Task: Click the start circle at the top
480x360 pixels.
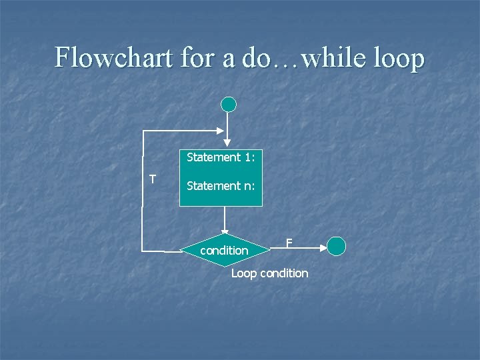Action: point(229,105)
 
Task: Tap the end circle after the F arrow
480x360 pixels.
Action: point(337,246)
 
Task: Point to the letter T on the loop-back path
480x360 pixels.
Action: point(153,179)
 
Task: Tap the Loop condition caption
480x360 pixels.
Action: point(269,273)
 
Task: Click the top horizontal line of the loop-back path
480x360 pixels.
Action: point(183,131)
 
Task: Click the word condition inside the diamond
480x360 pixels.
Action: point(224,251)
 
